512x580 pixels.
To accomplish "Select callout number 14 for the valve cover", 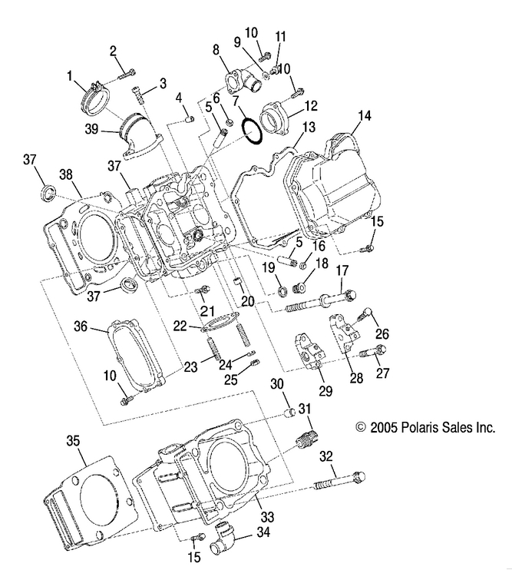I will (x=364, y=116).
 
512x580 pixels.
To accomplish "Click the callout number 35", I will (x=73, y=441).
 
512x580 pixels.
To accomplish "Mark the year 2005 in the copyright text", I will (x=386, y=427).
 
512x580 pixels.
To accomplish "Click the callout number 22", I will (x=178, y=326).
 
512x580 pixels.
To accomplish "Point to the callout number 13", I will (x=309, y=128).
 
